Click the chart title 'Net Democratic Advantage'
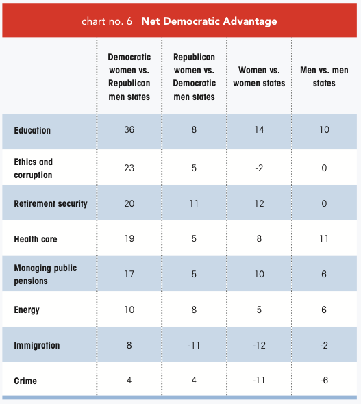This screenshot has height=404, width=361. tap(209, 21)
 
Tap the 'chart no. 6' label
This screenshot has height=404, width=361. tap(107, 21)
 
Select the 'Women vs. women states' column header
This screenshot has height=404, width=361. tap(259, 77)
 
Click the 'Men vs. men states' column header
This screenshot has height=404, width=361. tap(324, 77)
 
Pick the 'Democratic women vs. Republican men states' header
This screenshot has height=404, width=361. tap(129, 77)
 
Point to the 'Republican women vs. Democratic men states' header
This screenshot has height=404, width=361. tap(194, 77)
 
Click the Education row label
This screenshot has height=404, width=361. tap(32, 130)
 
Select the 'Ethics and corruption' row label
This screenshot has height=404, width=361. tap(34, 168)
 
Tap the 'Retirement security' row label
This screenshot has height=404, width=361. tap(51, 203)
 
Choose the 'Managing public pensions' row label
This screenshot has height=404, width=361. tap(45, 275)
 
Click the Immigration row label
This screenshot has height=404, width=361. tap(37, 345)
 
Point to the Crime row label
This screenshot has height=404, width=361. tap(25, 381)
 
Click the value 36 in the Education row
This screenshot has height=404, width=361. tap(129, 129)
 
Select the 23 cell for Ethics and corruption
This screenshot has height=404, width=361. tap(129, 168)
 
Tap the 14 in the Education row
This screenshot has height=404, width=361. tap(259, 129)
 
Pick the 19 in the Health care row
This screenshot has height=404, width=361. tap(129, 238)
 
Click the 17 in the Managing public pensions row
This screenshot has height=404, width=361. tap(129, 274)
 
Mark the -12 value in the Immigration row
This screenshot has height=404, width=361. tap(259, 345)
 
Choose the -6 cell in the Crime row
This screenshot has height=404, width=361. tap(324, 380)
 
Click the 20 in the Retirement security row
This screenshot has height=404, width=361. tap(129, 203)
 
